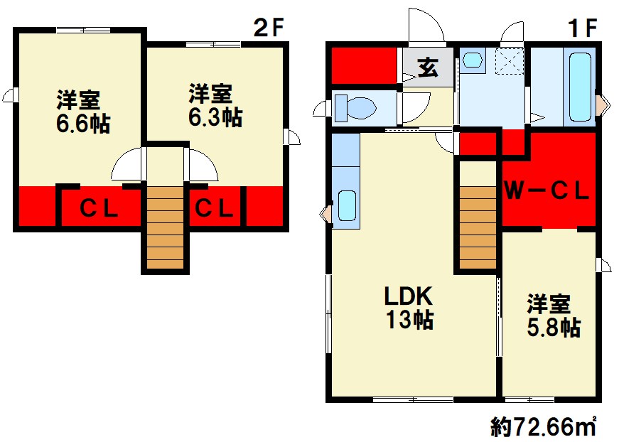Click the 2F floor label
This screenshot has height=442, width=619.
click(x=269, y=28)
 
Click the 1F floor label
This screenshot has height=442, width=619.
click(x=582, y=28)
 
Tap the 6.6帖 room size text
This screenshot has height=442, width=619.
click(x=83, y=124)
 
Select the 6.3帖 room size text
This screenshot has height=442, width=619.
click(x=215, y=117)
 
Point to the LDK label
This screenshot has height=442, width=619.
click(x=409, y=296)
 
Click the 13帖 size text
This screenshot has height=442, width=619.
click(x=409, y=319)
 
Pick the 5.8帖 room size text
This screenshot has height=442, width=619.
click(x=554, y=327)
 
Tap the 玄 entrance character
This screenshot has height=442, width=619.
click(x=429, y=67)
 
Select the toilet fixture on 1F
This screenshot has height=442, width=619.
click(x=355, y=108)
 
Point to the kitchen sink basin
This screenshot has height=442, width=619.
click(x=348, y=205)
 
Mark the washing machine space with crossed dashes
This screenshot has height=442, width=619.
click(x=510, y=62)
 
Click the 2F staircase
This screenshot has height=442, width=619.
click(x=166, y=227)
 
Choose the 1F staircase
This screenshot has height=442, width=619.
click(x=478, y=227)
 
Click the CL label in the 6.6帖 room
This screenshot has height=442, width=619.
click(x=99, y=208)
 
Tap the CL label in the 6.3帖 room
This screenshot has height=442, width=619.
click(x=214, y=208)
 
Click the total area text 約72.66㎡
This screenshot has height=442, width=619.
click(x=544, y=427)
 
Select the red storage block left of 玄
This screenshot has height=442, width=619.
click(x=364, y=65)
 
